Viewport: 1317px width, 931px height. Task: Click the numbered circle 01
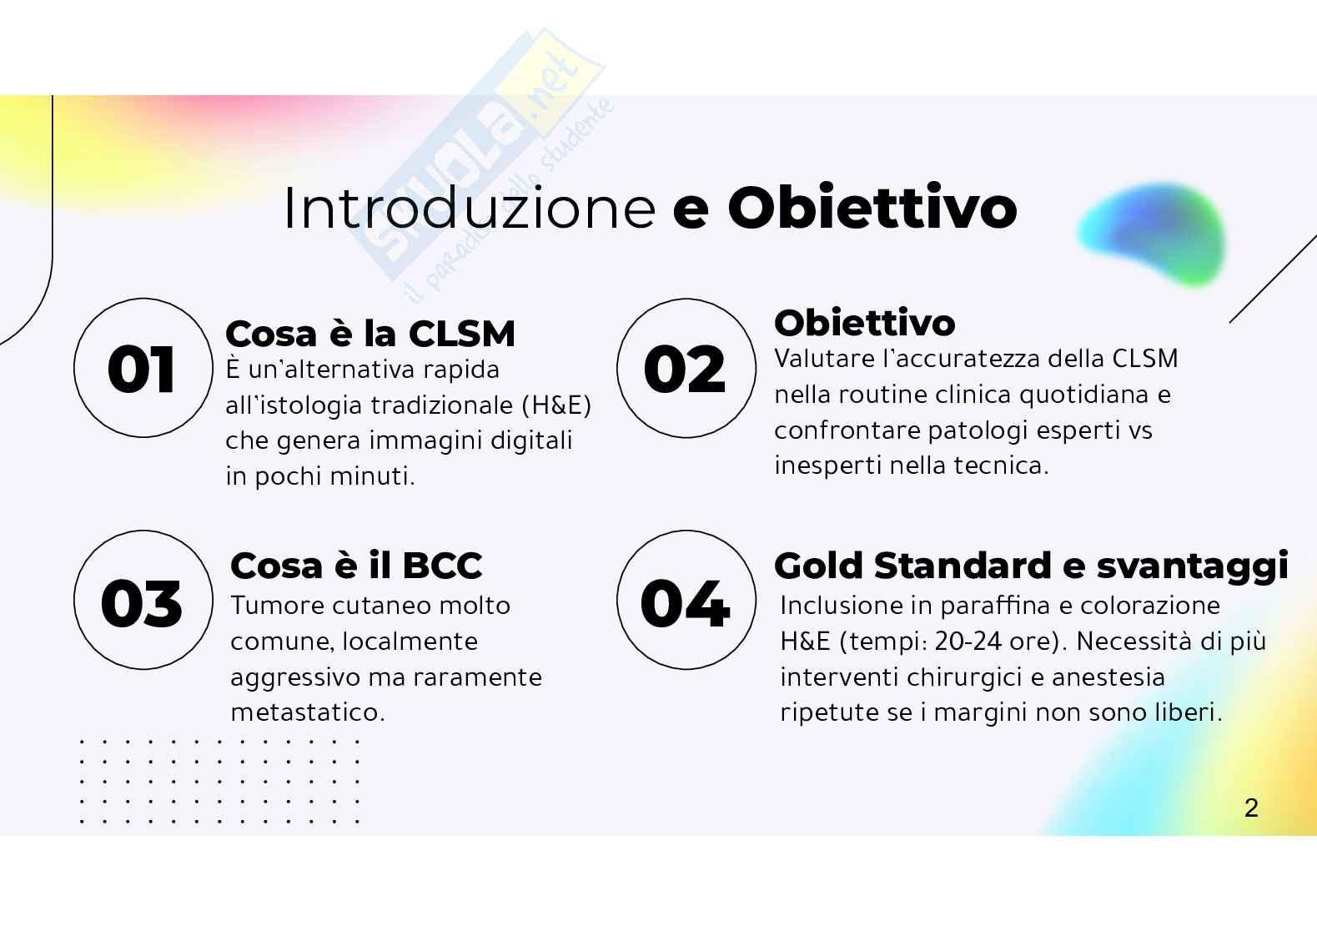click(143, 368)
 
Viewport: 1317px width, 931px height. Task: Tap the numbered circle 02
click(686, 368)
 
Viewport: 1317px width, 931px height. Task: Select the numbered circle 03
click(143, 601)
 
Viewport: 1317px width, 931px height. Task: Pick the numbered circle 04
click(686, 601)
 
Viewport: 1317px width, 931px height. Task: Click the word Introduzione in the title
click(470, 208)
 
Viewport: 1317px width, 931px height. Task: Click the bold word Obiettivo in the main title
click(872, 208)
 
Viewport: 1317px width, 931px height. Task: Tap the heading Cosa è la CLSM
click(370, 334)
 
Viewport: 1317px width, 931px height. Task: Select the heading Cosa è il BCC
click(356, 566)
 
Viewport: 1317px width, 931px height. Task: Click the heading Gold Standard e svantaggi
click(1031, 566)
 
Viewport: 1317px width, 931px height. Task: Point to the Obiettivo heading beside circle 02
click(865, 323)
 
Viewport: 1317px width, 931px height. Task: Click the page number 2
click(1250, 808)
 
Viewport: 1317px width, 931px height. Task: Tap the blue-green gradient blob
click(1152, 234)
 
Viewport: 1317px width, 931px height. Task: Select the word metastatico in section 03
click(307, 713)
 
